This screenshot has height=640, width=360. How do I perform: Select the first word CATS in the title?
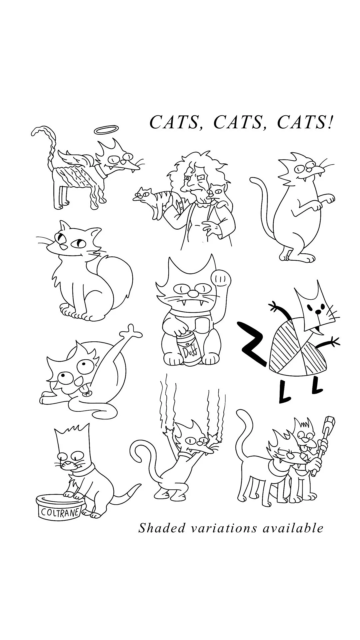[x=174, y=122]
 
